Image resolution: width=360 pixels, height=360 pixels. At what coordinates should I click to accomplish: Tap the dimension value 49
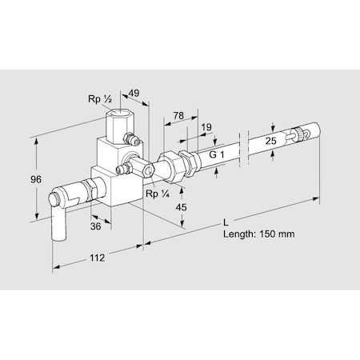[134, 93]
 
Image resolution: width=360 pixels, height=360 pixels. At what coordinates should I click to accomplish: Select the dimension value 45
[182, 207]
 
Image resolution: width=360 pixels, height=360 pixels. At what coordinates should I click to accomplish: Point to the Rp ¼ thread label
[157, 193]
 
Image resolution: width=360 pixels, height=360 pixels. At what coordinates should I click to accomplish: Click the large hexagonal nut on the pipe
[170, 163]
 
